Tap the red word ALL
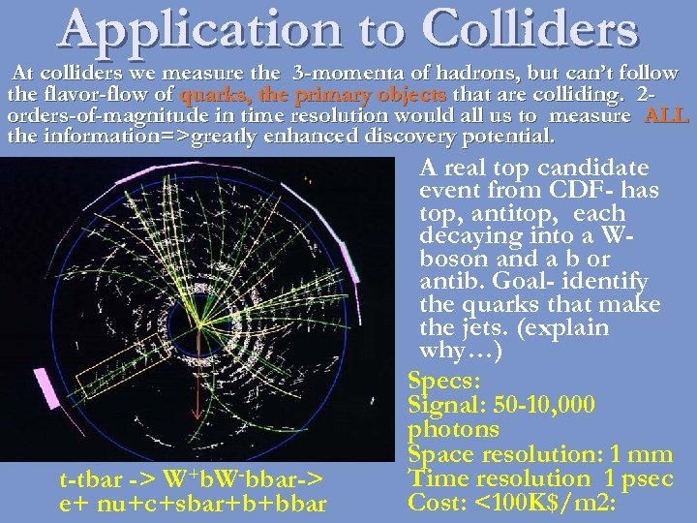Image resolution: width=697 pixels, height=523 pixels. pos(666,116)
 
